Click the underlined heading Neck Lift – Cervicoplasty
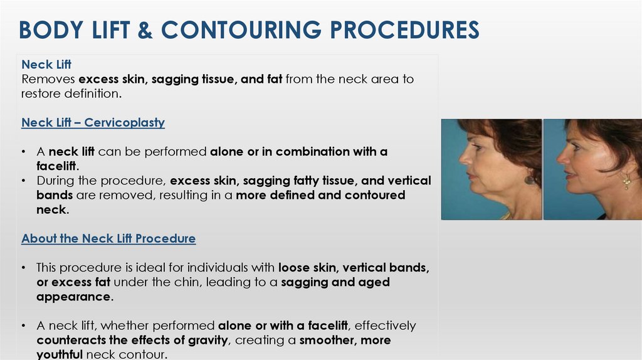93,123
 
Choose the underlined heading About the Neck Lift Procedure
108,239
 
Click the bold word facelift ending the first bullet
57,166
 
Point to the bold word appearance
74,297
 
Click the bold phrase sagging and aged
335,282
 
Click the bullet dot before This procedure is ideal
23,268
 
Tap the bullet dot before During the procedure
23,181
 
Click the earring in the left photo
530,179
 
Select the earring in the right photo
626,182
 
